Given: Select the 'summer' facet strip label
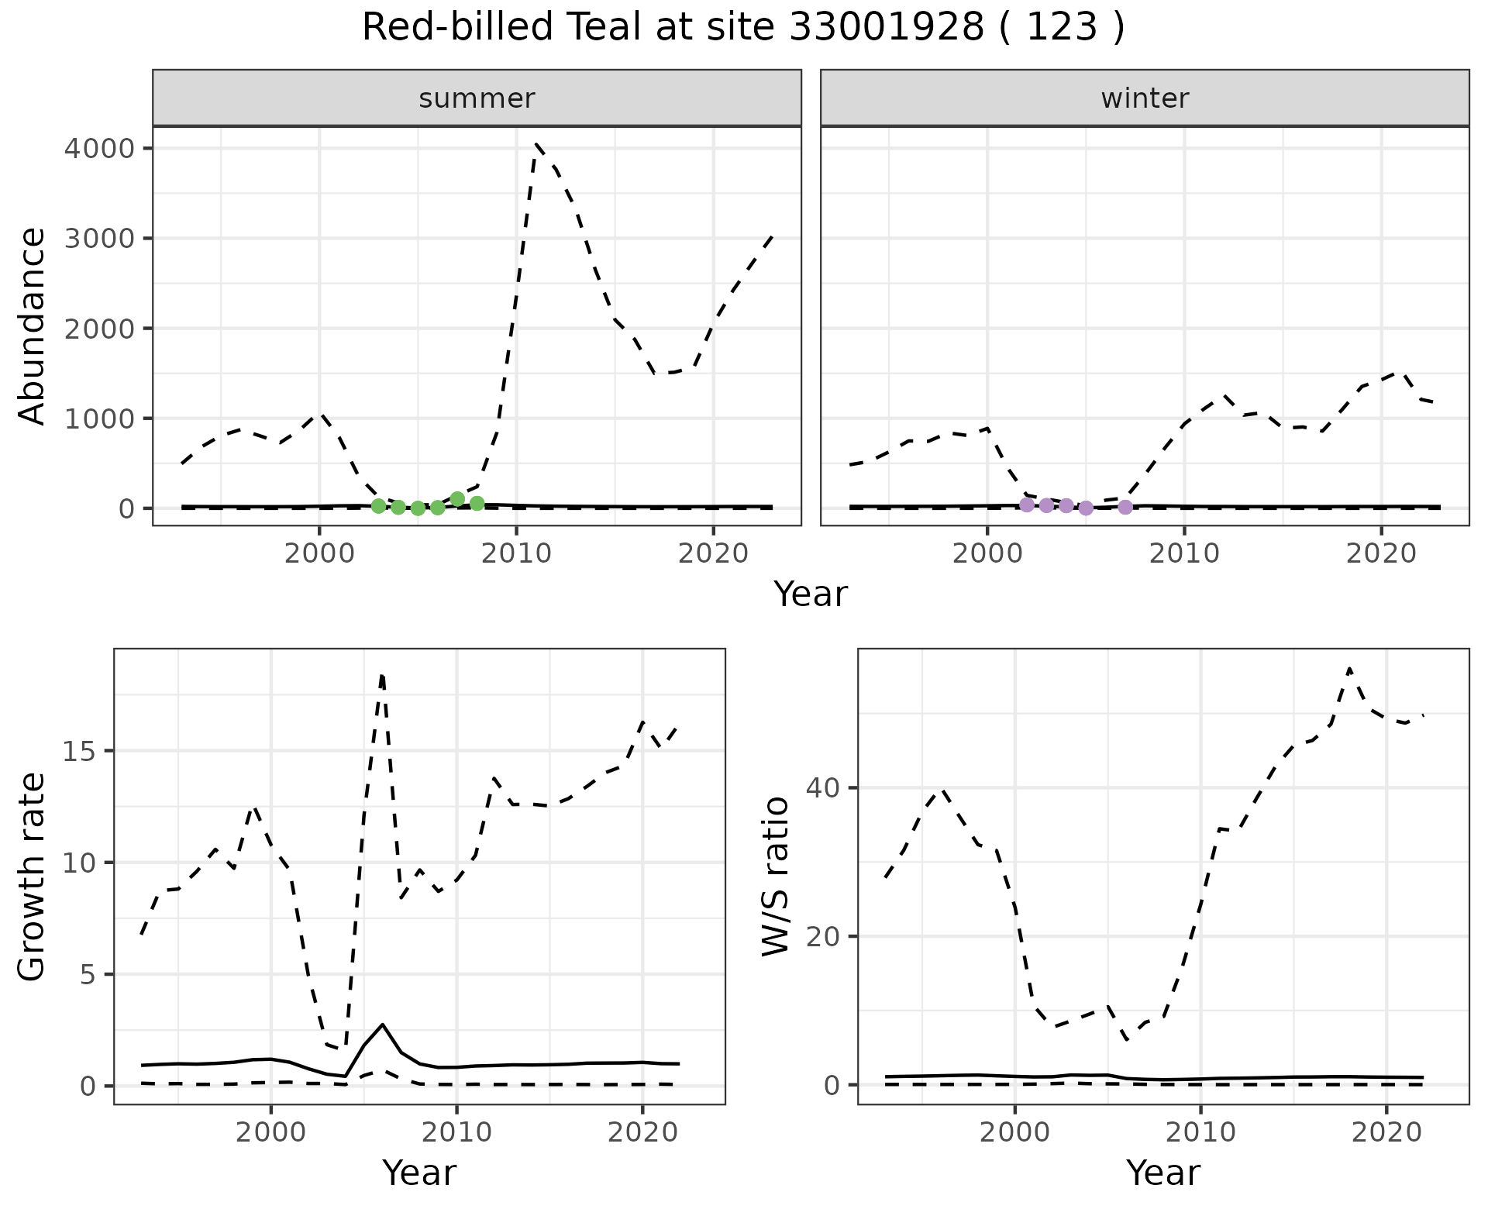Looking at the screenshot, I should [x=477, y=98].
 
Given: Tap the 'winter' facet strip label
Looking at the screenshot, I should [x=1145, y=98].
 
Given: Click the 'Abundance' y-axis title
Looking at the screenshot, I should [x=33, y=325].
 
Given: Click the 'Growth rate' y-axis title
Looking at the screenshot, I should [x=33, y=876].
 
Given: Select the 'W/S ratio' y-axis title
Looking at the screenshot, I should [x=776, y=876].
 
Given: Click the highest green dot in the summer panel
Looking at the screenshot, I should [x=457, y=499].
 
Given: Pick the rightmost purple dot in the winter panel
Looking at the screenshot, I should [x=1125, y=507].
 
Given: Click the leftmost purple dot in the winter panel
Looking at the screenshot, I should [x=1027, y=505].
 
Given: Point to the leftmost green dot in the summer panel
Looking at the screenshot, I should [x=378, y=506].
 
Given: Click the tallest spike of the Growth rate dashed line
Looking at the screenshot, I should [x=382, y=676].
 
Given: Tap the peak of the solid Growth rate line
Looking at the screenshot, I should [x=382, y=1025].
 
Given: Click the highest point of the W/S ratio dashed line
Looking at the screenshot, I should [x=1349, y=668].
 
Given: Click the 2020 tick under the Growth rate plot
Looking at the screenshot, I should [x=642, y=1132].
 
